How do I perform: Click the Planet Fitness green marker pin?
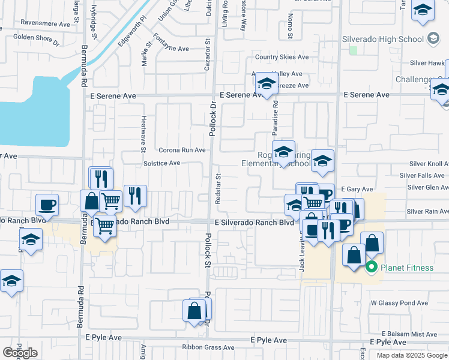[x=371, y=267]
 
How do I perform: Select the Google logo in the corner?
[x=20, y=353]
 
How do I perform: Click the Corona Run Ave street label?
[x=182, y=150]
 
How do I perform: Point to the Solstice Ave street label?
[x=161, y=163]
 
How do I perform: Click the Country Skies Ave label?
[x=282, y=58]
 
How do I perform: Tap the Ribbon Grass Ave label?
[x=208, y=347]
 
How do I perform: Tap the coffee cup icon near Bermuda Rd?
[x=47, y=205]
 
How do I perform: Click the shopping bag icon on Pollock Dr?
[x=194, y=311]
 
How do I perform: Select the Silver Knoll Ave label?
[x=429, y=163]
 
